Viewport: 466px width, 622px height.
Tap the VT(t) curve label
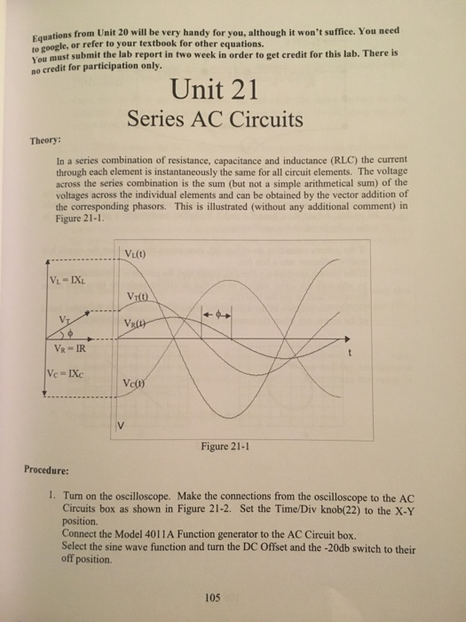point(142,296)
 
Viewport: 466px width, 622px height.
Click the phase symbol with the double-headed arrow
point(217,315)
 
